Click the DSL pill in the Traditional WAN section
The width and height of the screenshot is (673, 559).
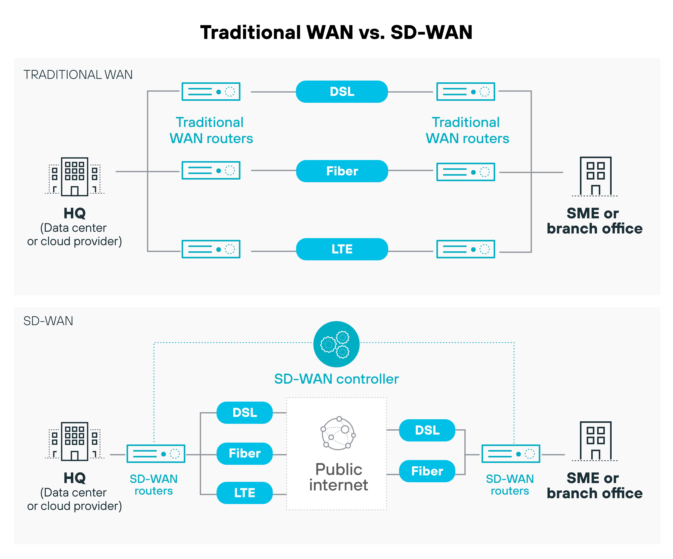point(342,92)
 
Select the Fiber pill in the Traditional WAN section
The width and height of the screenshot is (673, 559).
point(342,171)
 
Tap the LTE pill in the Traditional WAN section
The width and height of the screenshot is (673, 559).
point(342,249)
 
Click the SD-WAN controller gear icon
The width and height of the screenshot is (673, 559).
point(336,344)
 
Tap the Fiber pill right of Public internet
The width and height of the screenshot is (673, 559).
point(427,471)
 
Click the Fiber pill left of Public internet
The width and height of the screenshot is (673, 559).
point(245,453)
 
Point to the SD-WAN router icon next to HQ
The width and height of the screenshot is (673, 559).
point(156,454)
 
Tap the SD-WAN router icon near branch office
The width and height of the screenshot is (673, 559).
point(511,454)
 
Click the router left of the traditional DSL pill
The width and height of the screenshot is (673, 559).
point(211,92)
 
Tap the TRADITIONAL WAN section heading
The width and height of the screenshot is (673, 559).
point(78,75)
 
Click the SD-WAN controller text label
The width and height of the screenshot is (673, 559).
point(336,379)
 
